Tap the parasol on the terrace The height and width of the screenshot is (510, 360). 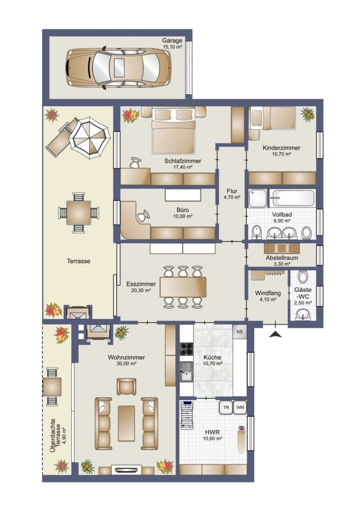pyautogui.click(x=89, y=138)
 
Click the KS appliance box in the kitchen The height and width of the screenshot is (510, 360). pyautogui.click(x=240, y=332)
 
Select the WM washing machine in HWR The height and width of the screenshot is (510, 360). pyautogui.click(x=240, y=407)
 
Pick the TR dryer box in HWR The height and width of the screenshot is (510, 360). pyautogui.click(x=226, y=407)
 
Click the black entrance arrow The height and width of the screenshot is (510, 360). pyautogui.click(x=276, y=334)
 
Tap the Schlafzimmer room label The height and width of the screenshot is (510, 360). pyautogui.click(x=183, y=161)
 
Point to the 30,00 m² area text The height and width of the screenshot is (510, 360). pyautogui.click(x=126, y=364)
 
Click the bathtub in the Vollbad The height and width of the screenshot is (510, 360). pyautogui.click(x=293, y=198)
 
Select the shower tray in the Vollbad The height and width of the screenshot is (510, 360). pyautogui.click(x=258, y=198)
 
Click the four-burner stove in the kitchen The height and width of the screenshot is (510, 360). pyautogui.click(x=187, y=349)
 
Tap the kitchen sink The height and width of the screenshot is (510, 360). pyautogui.click(x=186, y=372)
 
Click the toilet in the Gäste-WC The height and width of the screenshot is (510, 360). pyautogui.click(x=302, y=277)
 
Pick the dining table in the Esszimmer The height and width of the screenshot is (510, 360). pyautogui.click(x=183, y=287)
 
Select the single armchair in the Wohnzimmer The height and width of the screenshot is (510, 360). pyautogui.click(x=126, y=386)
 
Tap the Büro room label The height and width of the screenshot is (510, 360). pyautogui.click(x=183, y=210)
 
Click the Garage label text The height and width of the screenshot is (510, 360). pyautogui.click(x=172, y=41)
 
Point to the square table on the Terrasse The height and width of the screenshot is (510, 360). pyautogui.click(x=78, y=212)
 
